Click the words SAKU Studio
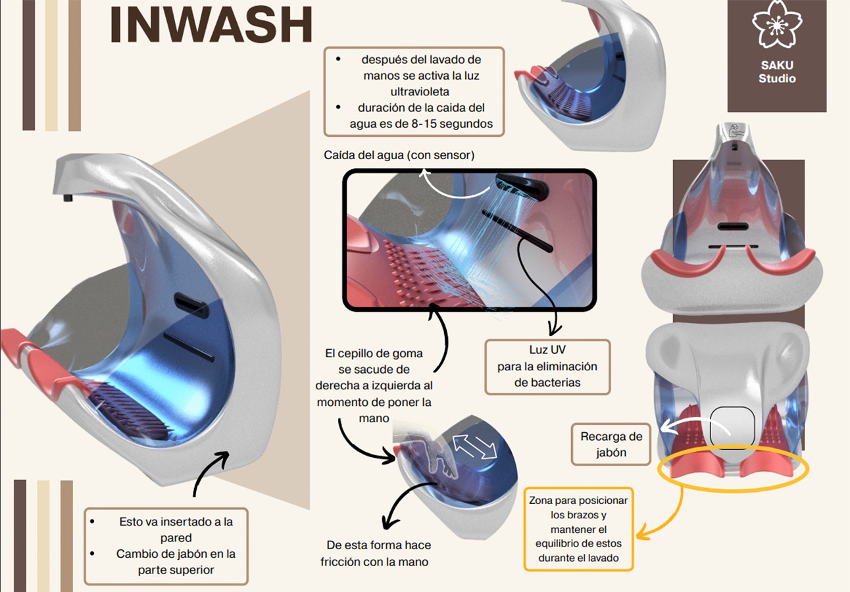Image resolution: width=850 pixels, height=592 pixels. click(x=777, y=72)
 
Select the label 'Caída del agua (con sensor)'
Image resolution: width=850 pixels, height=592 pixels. click(x=399, y=155)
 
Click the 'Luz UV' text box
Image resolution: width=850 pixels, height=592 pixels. click(x=547, y=366)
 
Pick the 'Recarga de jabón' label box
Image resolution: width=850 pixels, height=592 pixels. click(x=611, y=444)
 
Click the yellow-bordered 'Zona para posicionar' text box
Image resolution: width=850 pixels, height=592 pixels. click(x=578, y=528)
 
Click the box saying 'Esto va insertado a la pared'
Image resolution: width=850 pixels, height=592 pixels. click(x=166, y=546)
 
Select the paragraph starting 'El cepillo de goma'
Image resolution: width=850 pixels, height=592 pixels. click(x=374, y=385)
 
